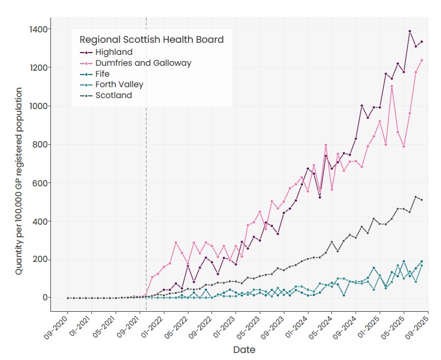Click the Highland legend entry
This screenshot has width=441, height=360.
tap(106, 52)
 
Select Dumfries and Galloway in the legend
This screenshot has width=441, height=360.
tap(135, 63)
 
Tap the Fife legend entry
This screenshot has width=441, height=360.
tap(94, 74)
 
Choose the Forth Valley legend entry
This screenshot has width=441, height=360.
tap(111, 84)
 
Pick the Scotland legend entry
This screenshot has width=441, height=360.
tap(106, 95)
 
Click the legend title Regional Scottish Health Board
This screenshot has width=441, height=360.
tap(152, 39)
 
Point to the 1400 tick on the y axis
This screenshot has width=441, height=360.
tap(38, 29)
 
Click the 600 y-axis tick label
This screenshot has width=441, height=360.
tap(40, 183)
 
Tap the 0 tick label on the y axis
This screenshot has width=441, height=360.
tap(45, 298)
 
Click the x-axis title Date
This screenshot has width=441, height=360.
tap(244, 350)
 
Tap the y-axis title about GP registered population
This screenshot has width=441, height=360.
tap(19, 181)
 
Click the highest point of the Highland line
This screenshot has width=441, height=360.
tap(410, 31)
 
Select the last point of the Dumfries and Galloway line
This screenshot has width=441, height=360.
tap(422, 60)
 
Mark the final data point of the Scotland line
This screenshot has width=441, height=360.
tap(422, 200)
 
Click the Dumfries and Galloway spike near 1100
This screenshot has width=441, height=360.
tap(392, 87)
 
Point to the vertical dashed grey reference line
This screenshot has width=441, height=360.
tap(146, 164)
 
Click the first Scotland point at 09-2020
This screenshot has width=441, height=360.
tap(68, 298)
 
